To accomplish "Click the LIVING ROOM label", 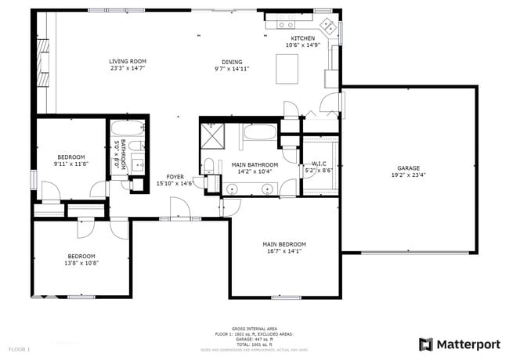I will coord(128,61).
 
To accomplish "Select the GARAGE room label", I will coord(408,168).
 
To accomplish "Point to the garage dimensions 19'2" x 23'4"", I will coord(408,176).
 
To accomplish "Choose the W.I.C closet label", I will coord(319,164).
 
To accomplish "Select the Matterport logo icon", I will coord(425,344).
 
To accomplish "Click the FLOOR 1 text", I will coord(20,348).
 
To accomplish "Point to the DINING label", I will coord(232,62).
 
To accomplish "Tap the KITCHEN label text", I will coord(303,38).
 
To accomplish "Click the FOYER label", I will coord(175,177).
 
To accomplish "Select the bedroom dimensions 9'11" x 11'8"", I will coord(70,164).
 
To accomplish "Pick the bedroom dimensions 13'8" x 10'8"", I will coord(81,263).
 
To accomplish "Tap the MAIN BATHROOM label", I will coord(254,164).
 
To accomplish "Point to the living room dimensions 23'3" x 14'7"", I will coord(128,68).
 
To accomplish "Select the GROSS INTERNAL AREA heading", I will coord(254,328).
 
